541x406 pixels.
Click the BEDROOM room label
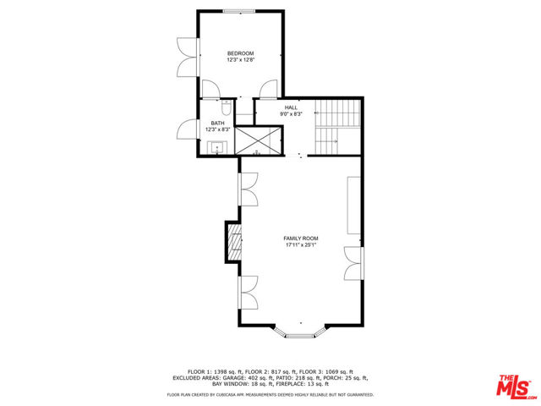[240, 53]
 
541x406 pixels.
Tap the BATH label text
[217, 123]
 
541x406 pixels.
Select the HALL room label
[291, 107]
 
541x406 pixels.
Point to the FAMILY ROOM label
[301, 239]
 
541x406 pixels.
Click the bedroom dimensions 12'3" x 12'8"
[240, 60]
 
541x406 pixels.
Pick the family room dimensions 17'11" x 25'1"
[301, 245]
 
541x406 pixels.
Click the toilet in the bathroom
[226, 108]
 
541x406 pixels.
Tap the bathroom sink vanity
[217, 149]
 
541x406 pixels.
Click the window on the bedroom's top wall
[240, 11]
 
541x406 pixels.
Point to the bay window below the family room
[301, 331]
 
